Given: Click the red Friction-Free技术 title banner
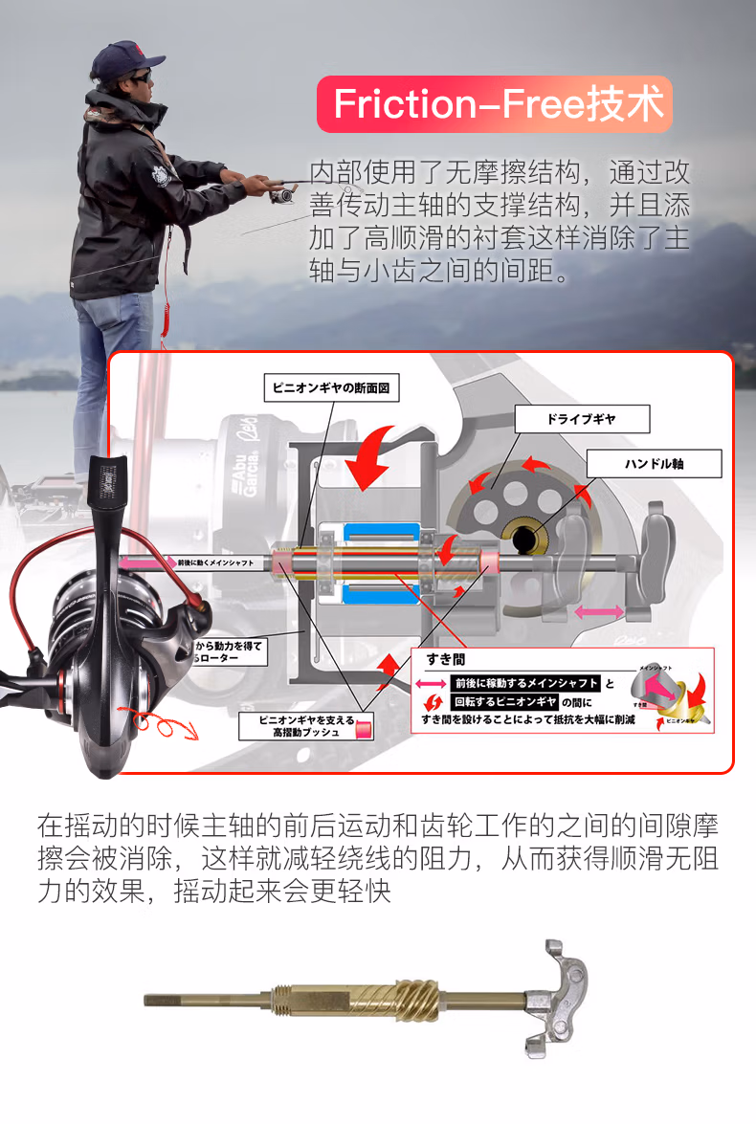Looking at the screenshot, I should [495, 104].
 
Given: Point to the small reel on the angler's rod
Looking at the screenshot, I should [282, 195].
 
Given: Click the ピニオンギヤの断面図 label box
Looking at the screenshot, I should [330, 387].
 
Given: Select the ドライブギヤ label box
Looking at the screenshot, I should [582, 419].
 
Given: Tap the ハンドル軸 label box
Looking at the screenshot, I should [654, 465].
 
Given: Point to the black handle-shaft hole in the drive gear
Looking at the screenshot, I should [524, 540].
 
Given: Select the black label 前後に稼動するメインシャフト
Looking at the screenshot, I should [524, 683].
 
